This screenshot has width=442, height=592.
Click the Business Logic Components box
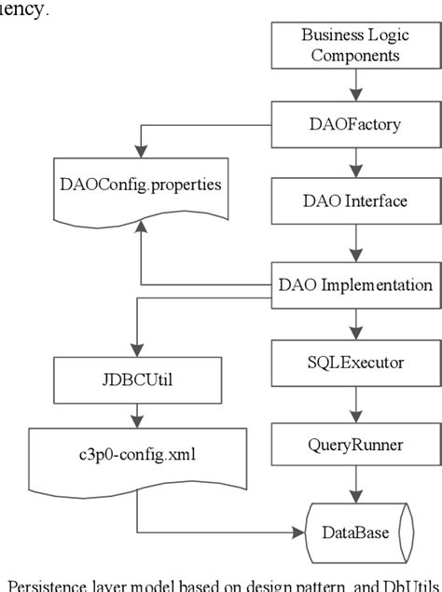tap(352, 45)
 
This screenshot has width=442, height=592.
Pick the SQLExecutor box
tap(352, 359)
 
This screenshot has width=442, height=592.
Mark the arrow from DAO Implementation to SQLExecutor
tap(352, 321)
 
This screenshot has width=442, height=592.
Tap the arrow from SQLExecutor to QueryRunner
tap(352, 399)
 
